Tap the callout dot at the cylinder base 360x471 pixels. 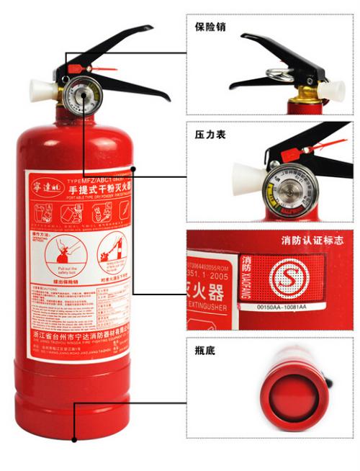74,439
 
